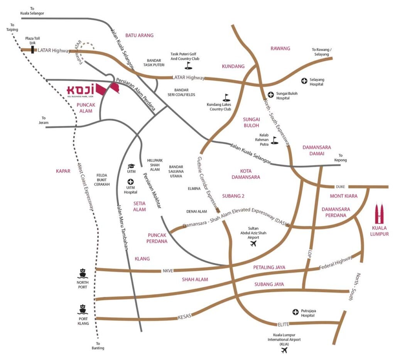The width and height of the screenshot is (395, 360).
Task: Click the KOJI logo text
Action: pyautogui.click(x=81, y=90)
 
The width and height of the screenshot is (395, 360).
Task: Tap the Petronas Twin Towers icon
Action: pyautogui.click(x=381, y=214)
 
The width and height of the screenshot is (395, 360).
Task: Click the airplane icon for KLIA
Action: pyautogui.click(x=285, y=350)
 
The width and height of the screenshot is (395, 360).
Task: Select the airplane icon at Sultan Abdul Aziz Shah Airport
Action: pyautogui.click(x=253, y=244)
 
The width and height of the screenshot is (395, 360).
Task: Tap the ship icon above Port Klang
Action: pyautogui.click(x=83, y=309)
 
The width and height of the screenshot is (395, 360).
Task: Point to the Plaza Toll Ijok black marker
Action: pyautogui.click(x=32, y=50)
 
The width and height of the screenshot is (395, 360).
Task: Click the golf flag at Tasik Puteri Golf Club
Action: pyautogui.click(x=188, y=65)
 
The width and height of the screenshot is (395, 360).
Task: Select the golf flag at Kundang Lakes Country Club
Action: pyautogui.click(x=226, y=97)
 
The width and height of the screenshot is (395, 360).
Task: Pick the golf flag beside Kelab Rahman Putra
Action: pyautogui.click(x=274, y=140)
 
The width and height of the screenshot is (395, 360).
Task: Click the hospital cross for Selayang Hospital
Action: pyautogui.click(x=304, y=81)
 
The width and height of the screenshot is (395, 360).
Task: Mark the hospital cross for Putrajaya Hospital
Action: pyautogui.click(x=295, y=312)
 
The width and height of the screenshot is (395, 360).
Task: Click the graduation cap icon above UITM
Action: pyautogui.click(x=130, y=166)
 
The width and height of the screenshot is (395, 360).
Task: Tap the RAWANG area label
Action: pyautogui.click(x=280, y=48)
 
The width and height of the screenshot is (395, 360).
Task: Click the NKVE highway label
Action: pyautogui.click(x=167, y=271)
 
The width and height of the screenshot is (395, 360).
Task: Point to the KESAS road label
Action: pyautogui.click(x=184, y=317)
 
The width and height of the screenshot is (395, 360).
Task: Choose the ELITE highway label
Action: pyautogui.click(x=283, y=324)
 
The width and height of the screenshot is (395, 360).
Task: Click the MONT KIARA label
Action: pyautogui.click(x=344, y=196)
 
